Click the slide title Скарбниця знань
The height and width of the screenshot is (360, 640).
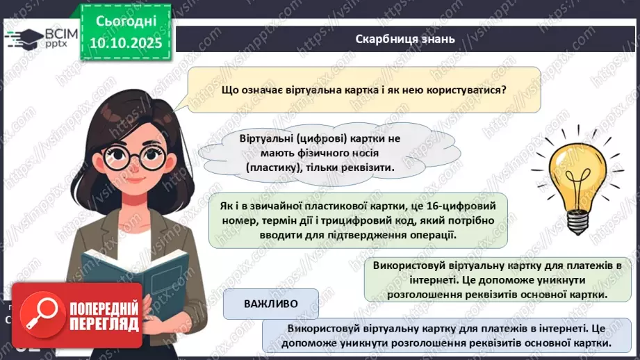[404, 39]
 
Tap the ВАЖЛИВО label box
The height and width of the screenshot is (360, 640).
[271, 304]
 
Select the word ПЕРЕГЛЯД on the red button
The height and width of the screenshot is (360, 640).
[105, 323]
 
